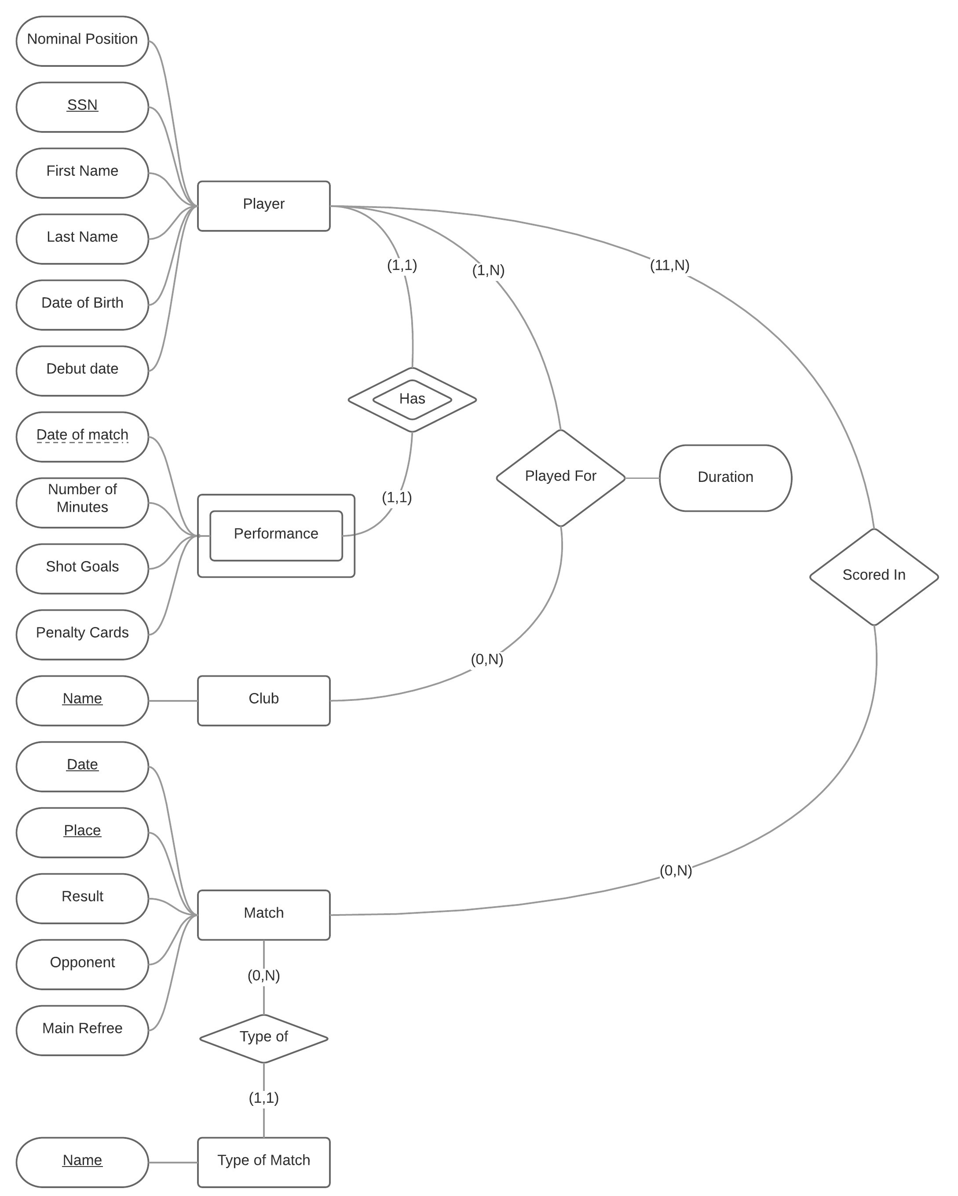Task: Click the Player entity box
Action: [263, 205]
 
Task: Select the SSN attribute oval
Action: [82, 106]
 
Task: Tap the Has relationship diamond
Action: [412, 399]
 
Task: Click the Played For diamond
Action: [560, 478]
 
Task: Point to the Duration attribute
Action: [725, 478]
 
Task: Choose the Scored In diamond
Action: [874, 576]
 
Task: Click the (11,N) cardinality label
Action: [669, 265]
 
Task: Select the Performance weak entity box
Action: [276, 535]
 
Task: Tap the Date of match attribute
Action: [82, 436]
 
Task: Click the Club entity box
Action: [263, 700]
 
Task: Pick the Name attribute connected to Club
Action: [82, 700]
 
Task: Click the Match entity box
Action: [263, 914]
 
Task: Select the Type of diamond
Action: [263, 1038]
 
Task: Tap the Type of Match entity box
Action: [263, 1162]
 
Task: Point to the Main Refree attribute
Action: [82, 1030]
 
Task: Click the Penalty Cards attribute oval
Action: [82, 634]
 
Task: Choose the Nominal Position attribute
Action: [82, 40]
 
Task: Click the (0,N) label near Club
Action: [487, 659]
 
